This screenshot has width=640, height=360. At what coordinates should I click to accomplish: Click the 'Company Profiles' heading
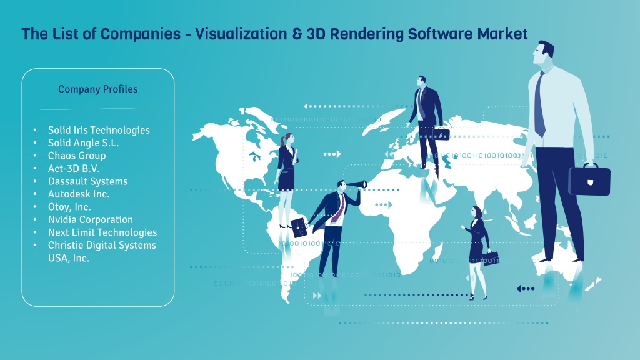98,89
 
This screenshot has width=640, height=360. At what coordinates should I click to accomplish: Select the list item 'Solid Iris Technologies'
99,130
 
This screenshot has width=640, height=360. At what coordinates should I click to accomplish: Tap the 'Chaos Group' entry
77,156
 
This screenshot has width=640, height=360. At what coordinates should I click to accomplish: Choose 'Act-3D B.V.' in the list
74,169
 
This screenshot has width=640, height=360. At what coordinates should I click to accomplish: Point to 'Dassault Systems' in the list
87,181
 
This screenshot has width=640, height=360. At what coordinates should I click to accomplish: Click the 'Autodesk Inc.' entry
79,194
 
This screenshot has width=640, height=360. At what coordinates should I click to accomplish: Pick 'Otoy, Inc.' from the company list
69,207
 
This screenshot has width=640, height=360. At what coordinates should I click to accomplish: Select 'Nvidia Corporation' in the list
91,219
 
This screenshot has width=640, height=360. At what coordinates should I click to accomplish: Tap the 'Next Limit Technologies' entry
102,232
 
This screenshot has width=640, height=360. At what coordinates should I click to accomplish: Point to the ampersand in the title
297,34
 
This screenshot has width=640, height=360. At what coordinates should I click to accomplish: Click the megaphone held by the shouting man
357,184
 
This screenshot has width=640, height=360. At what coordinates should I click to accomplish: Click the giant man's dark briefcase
589,179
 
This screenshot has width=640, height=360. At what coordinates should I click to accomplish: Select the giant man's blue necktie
539,104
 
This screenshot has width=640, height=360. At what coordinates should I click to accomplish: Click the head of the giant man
543,52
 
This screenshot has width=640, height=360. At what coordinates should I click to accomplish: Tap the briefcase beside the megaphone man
299,227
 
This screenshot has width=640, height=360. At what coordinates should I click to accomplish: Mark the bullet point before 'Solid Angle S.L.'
35,143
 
